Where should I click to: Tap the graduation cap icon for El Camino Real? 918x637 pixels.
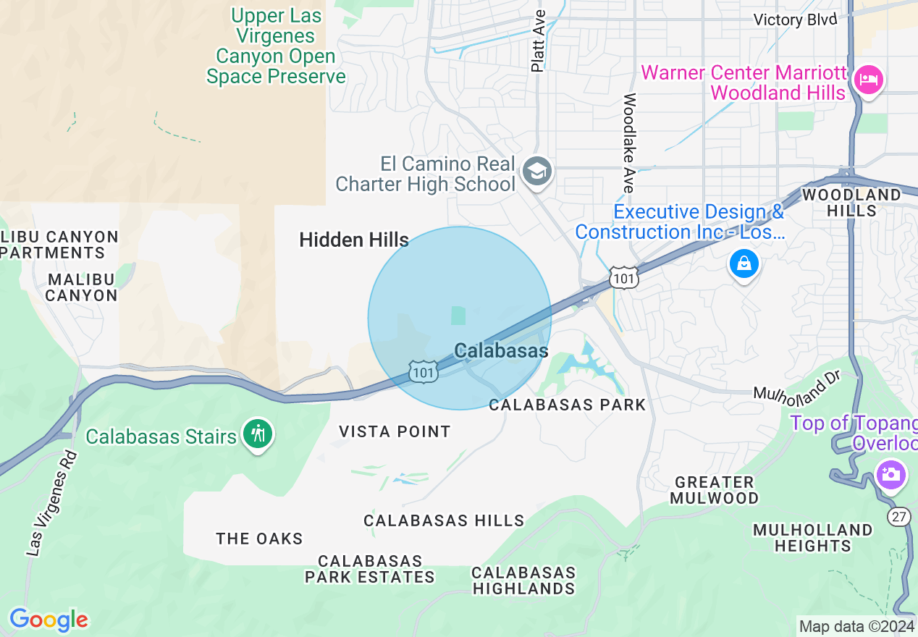click(537, 172)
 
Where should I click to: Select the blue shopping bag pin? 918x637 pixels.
click(744, 263)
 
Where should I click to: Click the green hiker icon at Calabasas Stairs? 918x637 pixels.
click(258, 434)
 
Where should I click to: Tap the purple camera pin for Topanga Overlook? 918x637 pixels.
click(890, 476)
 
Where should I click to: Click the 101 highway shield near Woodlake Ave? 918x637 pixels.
click(623, 277)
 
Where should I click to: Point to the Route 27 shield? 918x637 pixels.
click(898, 517)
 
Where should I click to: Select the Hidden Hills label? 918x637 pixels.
click(354, 240)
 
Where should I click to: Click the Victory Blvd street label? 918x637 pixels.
click(795, 20)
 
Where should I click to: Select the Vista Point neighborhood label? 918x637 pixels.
click(395, 431)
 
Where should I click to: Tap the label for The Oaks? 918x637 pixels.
click(259, 539)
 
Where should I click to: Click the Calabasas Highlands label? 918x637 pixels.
click(523, 581)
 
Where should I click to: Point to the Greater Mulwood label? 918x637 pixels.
click(714, 490)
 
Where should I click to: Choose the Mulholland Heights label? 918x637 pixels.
click(812, 538)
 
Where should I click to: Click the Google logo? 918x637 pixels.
click(49, 620)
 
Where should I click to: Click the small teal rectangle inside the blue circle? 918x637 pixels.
click(458, 315)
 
